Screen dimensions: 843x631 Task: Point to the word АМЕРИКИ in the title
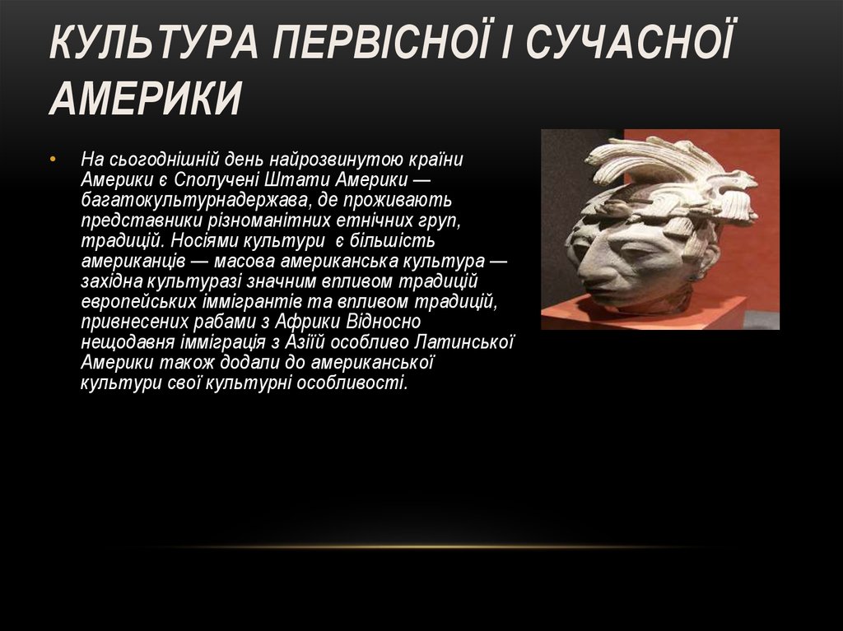[146, 99]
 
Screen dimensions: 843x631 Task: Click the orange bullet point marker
[53, 159]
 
